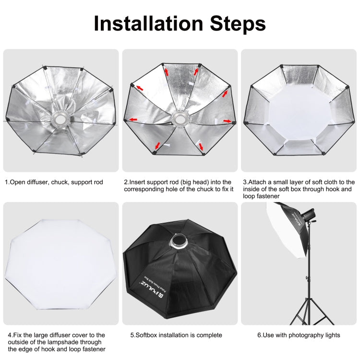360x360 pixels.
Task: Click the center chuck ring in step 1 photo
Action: pyautogui.click(x=60, y=116)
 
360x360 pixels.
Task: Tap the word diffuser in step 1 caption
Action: pyautogui.click(x=37, y=182)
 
